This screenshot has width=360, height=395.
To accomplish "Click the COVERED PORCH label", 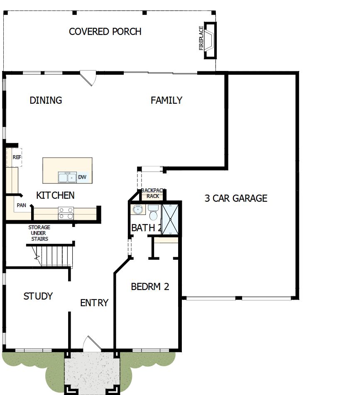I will pos(105,32).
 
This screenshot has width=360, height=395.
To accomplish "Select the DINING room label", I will pos(46,100).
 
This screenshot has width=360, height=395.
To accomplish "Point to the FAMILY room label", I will pos(166,100).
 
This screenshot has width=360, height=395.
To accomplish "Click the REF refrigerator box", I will pos(15,158).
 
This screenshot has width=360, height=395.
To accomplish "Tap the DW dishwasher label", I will pos(82,177).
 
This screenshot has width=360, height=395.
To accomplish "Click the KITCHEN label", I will pos(55,195).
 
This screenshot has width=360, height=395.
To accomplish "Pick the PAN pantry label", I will pos(22,205).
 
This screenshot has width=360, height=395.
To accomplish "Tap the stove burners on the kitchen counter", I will pos(66,213).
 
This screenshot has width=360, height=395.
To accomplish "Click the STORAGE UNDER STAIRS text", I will pos(39,233).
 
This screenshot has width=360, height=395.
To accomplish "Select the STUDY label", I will pos(38,296).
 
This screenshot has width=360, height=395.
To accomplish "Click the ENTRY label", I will pos(94,303).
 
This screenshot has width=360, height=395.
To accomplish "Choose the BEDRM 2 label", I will pos(150,286).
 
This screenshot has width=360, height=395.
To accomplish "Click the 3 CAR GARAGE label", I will pos(235,198).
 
